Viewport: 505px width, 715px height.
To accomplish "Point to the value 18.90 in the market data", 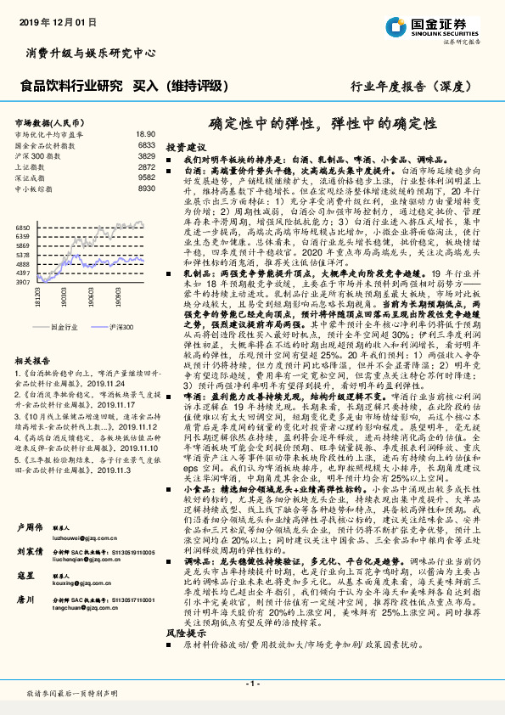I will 145,134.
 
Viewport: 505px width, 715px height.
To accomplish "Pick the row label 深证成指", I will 31,178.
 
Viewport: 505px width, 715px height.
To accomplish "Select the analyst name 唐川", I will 26,600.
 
